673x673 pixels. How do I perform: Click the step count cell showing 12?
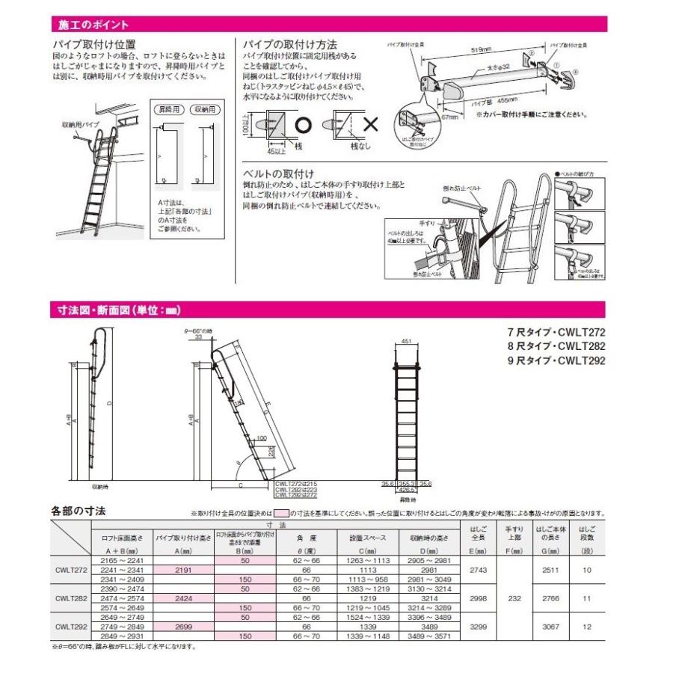tap(587, 627)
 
